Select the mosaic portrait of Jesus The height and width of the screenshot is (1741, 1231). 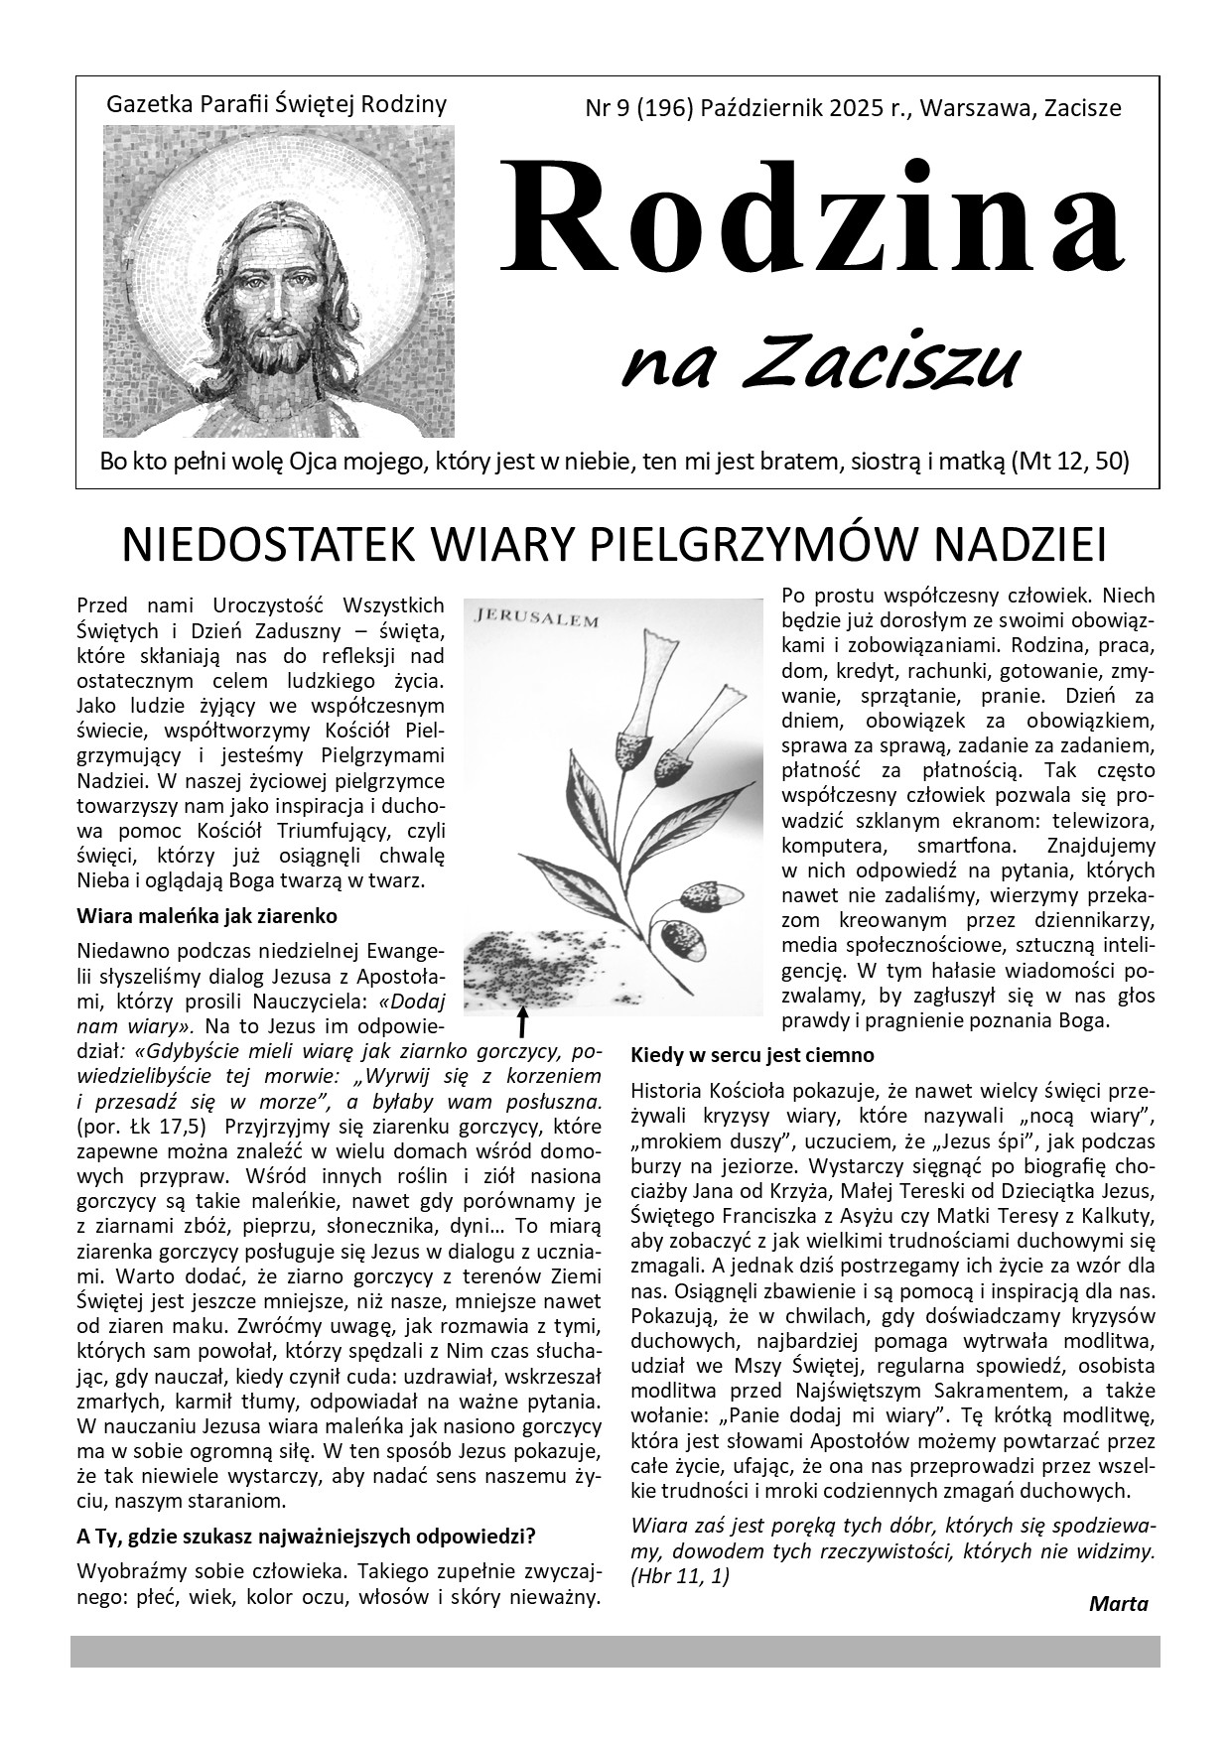point(279,281)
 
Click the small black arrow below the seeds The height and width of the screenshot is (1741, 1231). point(523,1021)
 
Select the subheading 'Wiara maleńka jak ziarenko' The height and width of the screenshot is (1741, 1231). point(206,915)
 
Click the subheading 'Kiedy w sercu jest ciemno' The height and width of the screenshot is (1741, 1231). point(752,1054)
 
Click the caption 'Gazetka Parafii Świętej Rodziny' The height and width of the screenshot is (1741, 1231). point(276,103)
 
